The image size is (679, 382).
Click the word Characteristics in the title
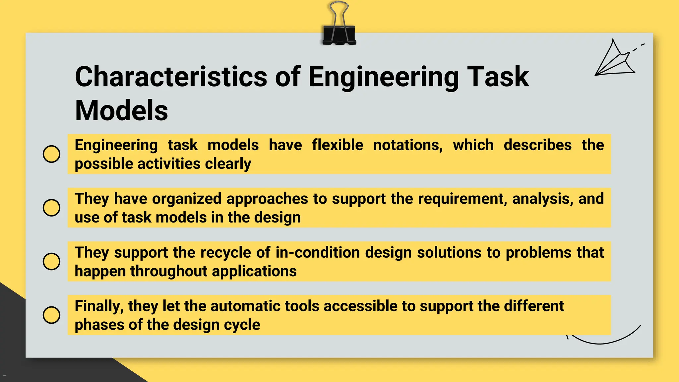171,77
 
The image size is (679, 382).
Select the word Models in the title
121,111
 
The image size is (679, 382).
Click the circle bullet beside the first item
52,154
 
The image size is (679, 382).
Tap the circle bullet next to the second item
52,208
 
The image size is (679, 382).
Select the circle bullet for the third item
52,261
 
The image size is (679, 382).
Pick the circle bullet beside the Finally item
52,315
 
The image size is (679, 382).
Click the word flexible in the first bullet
338,145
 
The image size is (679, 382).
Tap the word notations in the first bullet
408,145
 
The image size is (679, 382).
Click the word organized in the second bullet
187,199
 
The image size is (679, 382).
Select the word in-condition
318,253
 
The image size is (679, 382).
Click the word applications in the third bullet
254,271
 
